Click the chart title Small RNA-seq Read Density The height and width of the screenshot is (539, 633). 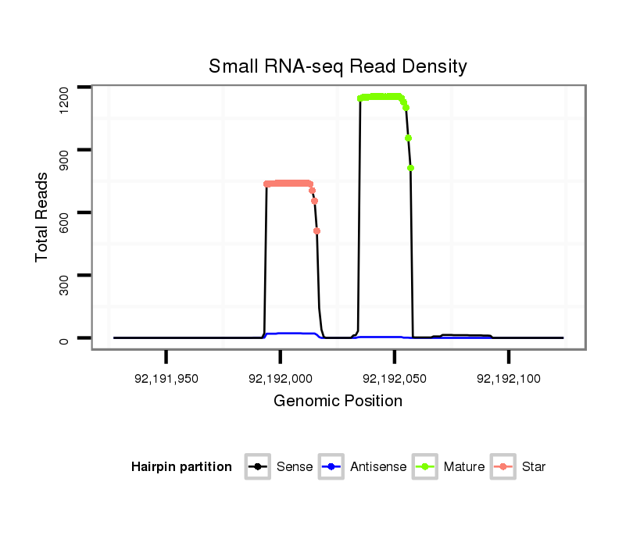tap(338, 66)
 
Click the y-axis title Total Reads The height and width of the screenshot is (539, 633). tap(43, 216)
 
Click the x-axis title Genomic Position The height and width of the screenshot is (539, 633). tap(338, 402)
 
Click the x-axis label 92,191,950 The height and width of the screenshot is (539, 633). tap(166, 379)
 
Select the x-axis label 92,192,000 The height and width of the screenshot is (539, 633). tap(281, 379)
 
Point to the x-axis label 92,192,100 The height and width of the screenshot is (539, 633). tap(508, 379)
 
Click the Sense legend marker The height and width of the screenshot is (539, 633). tap(257, 467)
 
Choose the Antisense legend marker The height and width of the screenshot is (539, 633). tap(331, 467)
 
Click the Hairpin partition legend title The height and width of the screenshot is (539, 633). tap(181, 467)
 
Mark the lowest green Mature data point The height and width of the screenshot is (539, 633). tap(410, 168)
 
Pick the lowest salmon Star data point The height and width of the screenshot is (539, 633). tap(316, 230)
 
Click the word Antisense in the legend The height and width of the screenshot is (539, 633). tap(377, 467)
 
